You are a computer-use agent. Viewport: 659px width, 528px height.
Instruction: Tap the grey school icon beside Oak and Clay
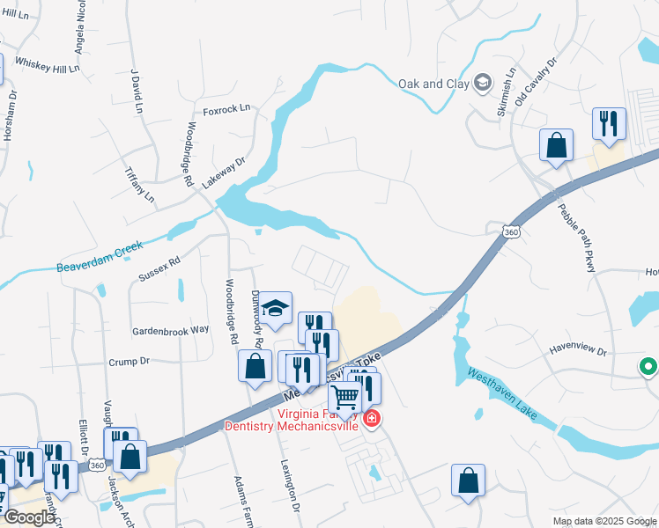click(x=482, y=84)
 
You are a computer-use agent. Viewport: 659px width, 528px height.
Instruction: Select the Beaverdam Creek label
click(x=100, y=257)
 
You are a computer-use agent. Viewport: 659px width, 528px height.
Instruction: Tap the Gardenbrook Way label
click(x=171, y=329)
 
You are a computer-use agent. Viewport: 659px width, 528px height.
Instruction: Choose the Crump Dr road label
click(x=130, y=361)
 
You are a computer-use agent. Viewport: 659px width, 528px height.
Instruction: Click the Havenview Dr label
click(x=578, y=352)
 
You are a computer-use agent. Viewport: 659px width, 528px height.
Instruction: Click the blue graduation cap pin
click(x=276, y=307)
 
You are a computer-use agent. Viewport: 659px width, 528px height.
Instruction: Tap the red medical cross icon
click(x=372, y=417)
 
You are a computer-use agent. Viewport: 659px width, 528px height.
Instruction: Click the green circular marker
click(x=649, y=365)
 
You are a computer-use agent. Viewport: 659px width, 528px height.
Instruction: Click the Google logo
click(x=28, y=517)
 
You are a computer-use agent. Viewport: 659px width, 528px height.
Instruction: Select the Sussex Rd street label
click(x=159, y=268)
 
